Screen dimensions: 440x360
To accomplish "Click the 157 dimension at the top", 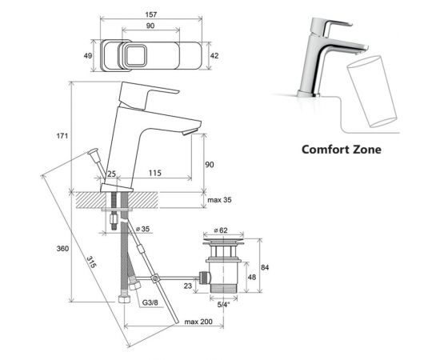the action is (151, 14).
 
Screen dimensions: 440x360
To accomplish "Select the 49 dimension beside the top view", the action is (88, 55).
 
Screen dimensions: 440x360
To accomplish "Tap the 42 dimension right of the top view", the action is (214, 56).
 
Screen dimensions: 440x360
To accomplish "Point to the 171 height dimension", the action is (62, 136).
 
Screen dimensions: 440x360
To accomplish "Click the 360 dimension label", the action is (62, 249).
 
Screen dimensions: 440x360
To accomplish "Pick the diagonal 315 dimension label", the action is (91, 262).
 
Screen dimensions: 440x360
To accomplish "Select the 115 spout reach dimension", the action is (155, 173).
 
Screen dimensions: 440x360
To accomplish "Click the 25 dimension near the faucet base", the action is (111, 174).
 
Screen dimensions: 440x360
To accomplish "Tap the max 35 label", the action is (219, 200).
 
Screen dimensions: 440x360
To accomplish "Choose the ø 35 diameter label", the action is (142, 229).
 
